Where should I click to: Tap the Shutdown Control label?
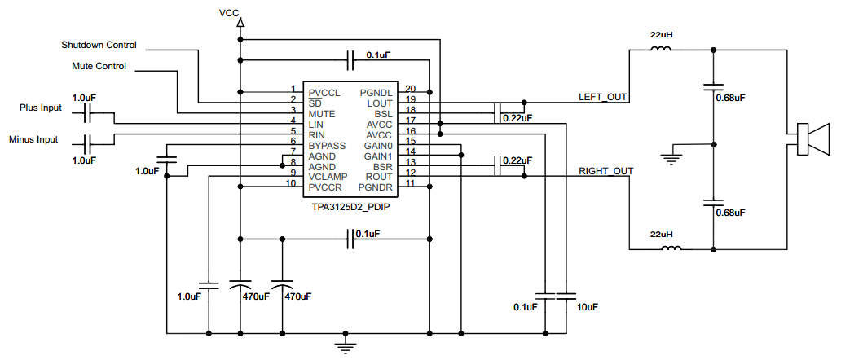[x=99, y=45]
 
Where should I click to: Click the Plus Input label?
[x=41, y=108]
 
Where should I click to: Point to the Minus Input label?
[x=33, y=139]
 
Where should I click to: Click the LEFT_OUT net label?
[x=602, y=98]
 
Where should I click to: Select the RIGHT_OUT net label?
[x=605, y=171]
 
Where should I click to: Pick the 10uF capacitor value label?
[x=586, y=307]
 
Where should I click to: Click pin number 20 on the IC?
[x=410, y=89]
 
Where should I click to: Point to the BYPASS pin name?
[x=327, y=144]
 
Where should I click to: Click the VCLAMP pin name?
[x=328, y=176]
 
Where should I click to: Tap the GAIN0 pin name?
[x=379, y=144]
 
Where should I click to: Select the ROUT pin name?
[x=380, y=176]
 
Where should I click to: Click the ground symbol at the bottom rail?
[x=347, y=346]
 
